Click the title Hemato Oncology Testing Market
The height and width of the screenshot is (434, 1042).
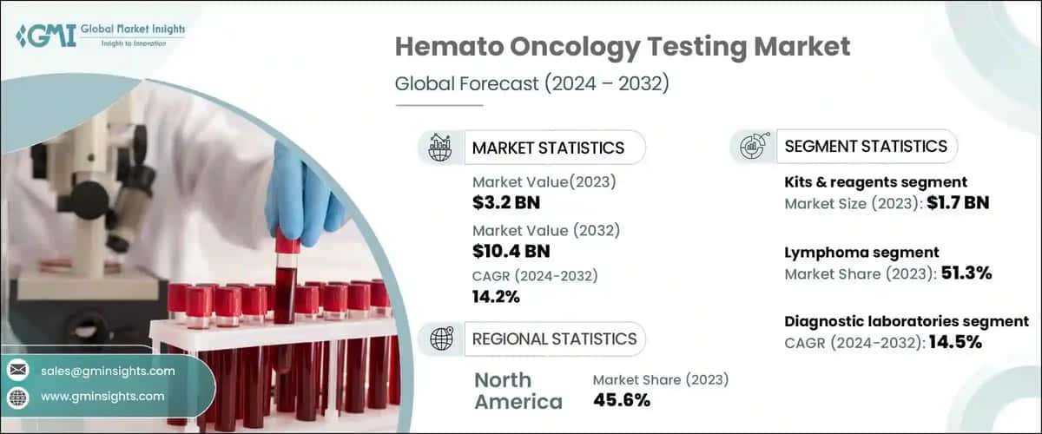[623, 47]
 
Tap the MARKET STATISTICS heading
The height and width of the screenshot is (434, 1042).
[547, 148]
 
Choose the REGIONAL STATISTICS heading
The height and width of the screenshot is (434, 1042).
[554, 339]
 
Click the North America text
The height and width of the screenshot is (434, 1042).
[518, 391]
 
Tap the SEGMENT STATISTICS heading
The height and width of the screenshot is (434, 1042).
[866, 146]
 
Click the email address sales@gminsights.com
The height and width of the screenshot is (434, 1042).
[108, 371]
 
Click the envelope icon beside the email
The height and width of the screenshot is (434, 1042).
[18, 371]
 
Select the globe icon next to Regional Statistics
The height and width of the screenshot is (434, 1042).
[440, 339]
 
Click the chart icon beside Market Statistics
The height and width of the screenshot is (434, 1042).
[440, 148]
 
